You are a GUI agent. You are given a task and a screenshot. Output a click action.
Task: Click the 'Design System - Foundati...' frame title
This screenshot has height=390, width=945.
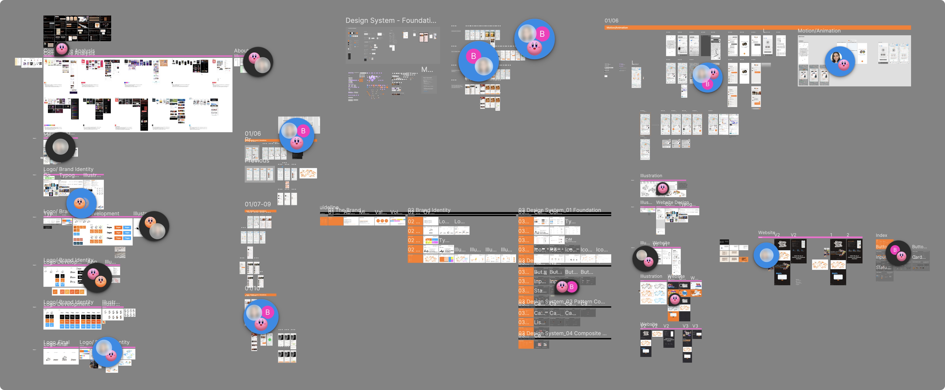click(391, 21)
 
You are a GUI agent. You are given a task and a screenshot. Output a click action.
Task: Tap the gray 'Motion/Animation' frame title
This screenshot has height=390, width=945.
click(819, 31)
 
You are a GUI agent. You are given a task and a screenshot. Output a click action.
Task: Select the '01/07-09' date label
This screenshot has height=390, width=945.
click(258, 204)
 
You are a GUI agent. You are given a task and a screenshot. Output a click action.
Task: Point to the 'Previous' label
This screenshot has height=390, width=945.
click(257, 161)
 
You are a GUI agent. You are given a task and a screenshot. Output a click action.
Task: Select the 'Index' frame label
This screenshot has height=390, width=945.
click(881, 235)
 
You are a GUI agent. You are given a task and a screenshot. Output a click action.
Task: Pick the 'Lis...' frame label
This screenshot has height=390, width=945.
click(539, 322)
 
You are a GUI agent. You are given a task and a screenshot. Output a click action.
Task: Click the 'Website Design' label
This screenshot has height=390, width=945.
click(672, 202)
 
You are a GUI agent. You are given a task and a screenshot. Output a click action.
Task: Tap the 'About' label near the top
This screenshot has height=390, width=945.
click(241, 51)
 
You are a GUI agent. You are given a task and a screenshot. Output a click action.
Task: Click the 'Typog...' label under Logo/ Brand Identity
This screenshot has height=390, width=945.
click(69, 175)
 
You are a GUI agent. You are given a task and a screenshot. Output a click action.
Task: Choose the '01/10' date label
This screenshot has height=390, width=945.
click(252, 289)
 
